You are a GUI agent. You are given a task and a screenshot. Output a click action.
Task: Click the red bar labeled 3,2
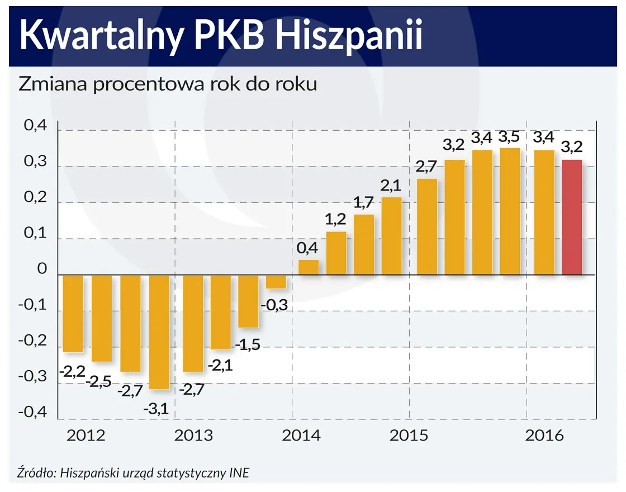coord(572,217)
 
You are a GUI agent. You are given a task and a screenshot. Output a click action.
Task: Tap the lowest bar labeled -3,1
coord(159,332)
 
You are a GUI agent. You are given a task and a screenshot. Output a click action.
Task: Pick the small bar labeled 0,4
coord(308,267)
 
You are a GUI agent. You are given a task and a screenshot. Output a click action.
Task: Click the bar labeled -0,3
coord(276,282)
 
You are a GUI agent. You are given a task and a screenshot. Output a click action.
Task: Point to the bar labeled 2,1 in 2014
coord(391,236)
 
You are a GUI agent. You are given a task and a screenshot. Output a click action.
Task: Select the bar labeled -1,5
coord(248,301)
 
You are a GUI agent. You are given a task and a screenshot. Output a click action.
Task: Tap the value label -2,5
coord(99,381)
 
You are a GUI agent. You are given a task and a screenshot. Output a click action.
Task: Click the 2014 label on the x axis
coord(301,436)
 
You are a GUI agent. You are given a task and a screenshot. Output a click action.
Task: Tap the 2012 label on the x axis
coord(86,436)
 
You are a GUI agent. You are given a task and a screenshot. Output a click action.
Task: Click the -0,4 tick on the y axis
coord(33,412)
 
